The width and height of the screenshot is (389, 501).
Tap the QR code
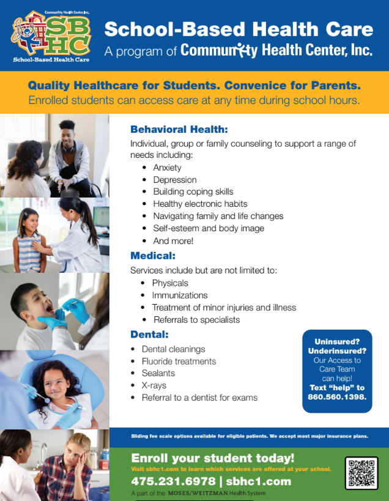point(361,473)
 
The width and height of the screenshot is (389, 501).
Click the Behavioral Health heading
point(179,130)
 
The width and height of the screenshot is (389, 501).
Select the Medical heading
point(153,256)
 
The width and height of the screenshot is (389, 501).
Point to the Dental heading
point(149,335)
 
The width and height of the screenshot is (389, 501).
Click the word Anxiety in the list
point(167,168)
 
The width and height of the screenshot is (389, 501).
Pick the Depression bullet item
point(174,180)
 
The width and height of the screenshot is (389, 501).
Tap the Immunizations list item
point(180,295)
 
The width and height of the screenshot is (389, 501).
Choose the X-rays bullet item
point(154,385)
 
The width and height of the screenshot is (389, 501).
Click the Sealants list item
point(158,373)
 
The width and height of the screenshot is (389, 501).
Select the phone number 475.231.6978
point(174,481)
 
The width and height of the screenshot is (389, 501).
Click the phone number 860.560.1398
point(337,397)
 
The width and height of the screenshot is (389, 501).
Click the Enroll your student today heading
point(212,458)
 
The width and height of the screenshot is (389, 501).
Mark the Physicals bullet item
point(170,283)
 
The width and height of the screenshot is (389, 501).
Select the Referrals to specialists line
point(196,320)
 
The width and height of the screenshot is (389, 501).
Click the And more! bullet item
point(173,240)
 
